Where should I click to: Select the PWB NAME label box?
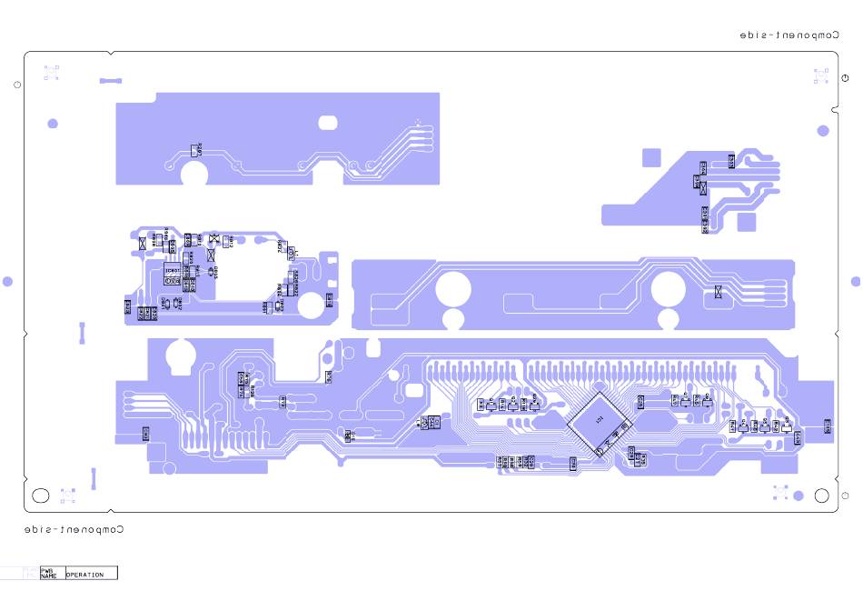coord(49,574)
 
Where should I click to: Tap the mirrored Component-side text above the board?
coord(788,35)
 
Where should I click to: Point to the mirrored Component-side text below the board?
coord(74,529)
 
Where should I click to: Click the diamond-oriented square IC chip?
coord(599,423)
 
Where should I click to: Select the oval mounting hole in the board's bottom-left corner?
coord(41,496)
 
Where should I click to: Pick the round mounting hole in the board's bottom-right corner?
coord(821,496)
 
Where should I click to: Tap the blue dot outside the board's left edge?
coord(7,282)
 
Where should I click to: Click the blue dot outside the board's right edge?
coord(855,282)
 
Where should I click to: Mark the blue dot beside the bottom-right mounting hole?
coord(799,496)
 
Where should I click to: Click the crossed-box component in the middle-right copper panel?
coord(719,292)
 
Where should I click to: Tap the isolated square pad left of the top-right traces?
coord(651,157)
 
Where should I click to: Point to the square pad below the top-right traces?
coord(746,222)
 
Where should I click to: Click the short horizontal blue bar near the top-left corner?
coord(110,81)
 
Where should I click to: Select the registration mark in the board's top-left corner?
coord(52,73)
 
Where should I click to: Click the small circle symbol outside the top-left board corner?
coord(17,85)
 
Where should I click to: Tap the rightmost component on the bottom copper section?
coord(827,426)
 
